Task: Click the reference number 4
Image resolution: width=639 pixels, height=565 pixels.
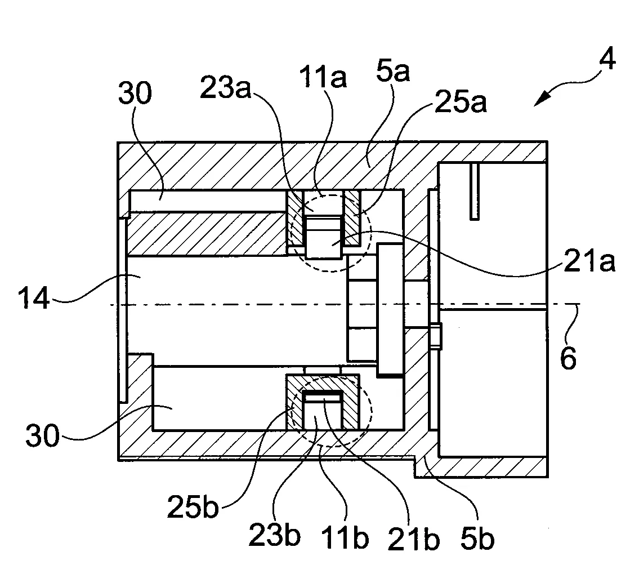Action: pos(607,61)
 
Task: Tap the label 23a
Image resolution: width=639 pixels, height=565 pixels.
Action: pos(225,88)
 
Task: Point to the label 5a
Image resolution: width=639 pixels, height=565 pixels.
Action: pos(392,71)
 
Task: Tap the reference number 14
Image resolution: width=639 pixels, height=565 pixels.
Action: pos(34,298)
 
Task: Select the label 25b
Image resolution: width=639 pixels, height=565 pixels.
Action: pos(193,506)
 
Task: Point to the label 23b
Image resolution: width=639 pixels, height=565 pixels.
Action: pos(275,535)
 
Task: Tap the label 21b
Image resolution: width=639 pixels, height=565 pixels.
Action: pos(414,538)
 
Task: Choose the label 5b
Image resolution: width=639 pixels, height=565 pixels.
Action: pos(477,537)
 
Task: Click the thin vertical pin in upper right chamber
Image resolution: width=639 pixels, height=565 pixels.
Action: pos(475,192)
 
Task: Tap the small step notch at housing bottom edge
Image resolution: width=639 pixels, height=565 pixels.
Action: pos(415,467)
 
